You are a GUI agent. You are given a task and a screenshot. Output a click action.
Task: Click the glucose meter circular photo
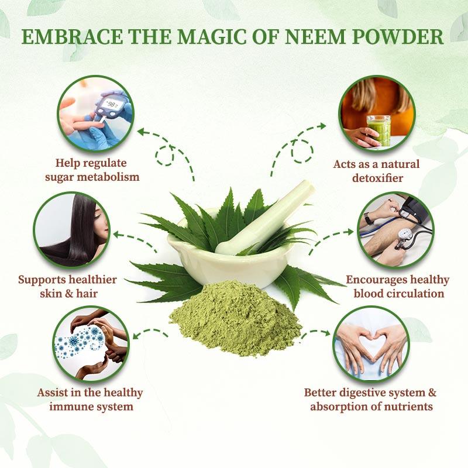(96, 113)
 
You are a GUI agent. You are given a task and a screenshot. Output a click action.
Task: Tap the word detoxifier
(377, 176)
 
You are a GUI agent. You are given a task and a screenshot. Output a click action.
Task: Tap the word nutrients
(405, 406)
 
